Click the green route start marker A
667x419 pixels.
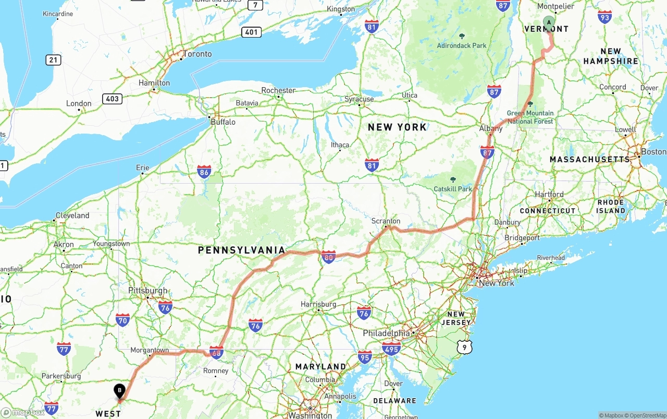[549, 22]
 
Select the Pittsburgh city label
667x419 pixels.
[148, 291]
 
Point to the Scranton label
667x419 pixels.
[386, 221]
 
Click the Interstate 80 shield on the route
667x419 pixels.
[328, 257]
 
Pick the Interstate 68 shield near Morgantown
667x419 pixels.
[216, 352]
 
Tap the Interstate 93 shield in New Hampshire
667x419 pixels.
[605, 17]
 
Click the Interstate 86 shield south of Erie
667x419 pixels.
[204, 172]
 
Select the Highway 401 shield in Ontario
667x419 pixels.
[251, 32]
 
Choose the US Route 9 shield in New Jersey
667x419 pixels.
[464, 346]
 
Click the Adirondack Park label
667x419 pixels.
[462, 45]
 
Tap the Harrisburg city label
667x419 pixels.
[318, 304]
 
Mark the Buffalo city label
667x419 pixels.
[223, 122]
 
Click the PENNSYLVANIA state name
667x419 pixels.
[242, 250]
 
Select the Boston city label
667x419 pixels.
[653, 151]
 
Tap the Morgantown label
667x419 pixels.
[150, 350]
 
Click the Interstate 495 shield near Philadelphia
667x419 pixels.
[390, 349]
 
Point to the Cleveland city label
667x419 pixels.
[72, 216]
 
